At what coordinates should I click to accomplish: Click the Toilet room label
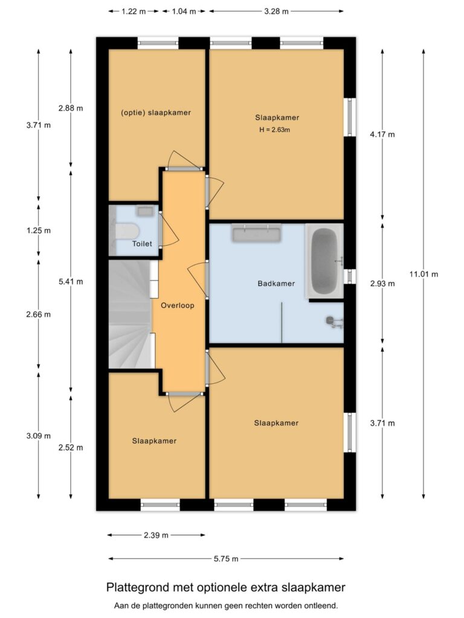143,244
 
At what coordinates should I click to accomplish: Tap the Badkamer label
276,283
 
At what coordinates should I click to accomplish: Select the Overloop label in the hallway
178,305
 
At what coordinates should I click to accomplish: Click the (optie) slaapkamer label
156,112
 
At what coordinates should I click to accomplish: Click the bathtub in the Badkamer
325,261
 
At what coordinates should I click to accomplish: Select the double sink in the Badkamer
256,233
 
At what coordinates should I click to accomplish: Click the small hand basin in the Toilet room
146,211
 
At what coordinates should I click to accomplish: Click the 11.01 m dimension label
424,274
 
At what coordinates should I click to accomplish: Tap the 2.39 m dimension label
156,535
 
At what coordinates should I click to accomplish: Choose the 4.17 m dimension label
382,135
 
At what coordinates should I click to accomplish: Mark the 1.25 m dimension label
39,231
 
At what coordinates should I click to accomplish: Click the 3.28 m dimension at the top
276,11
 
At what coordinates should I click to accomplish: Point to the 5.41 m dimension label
71,281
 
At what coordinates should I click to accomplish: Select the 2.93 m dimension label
382,284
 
